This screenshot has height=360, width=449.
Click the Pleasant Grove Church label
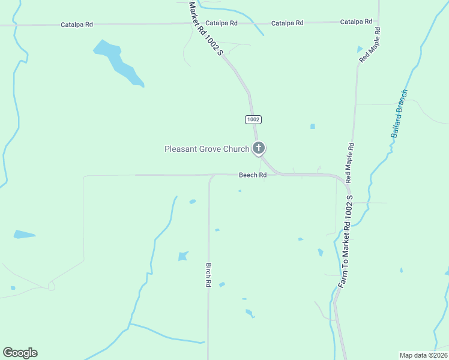pyautogui.click(x=206, y=149)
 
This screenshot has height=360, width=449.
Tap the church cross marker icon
pyautogui.click(x=259, y=148)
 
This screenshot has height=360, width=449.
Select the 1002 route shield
pyautogui.click(x=253, y=120)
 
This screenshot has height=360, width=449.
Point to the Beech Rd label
pyautogui.click(x=253, y=175)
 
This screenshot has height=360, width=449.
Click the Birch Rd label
pyautogui.click(x=209, y=275)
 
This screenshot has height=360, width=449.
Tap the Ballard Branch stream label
pyautogui.click(x=400, y=113)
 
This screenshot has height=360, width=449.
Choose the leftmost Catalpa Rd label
pyautogui.click(x=77, y=25)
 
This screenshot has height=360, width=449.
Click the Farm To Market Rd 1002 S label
pyautogui.click(x=346, y=240)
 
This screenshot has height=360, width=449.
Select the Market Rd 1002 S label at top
pyautogui.click(x=205, y=28)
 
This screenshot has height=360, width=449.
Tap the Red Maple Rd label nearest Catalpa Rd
pyautogui.click(x=370, y=46)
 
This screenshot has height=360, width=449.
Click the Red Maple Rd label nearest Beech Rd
pyautogui.click(x=351, y=162)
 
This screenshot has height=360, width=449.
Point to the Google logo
pyautogui.click(x=20, y=353)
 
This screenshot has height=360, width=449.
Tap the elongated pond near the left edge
pyautogui.click(x=24, y=235)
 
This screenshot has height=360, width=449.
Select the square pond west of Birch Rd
pyautogui.click(x=183, y=256)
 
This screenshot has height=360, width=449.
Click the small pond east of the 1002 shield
pyautogui.click(x=312, y=127)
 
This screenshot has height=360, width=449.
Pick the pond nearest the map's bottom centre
pyautogui.click(x=250, y=313)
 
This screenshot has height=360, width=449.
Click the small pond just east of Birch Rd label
pyautogui.click(x=221, y=284)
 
